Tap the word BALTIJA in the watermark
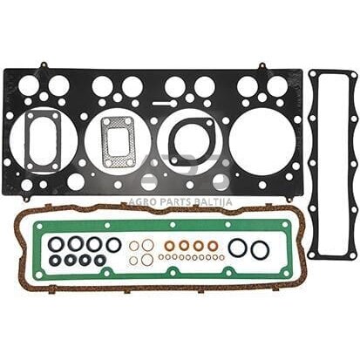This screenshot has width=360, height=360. pos(213,201)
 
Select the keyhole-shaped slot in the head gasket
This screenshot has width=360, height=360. pos(165,103)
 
